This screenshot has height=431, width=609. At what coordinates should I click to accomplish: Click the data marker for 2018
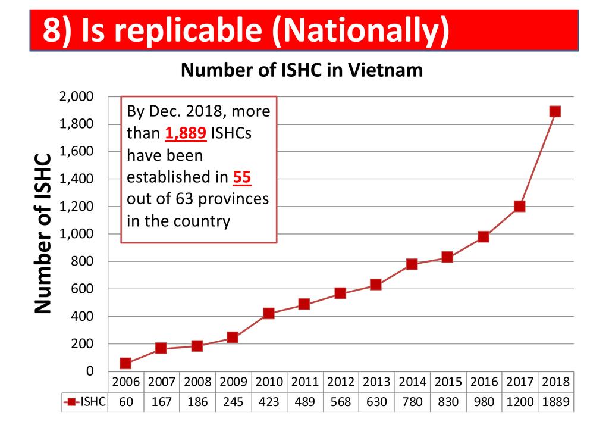click(555, 111)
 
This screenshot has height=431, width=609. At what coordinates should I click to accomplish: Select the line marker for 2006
click(125, 363)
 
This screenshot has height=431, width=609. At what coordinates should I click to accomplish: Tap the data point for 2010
click(268, 313)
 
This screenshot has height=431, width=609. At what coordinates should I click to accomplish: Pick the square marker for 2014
click(412, 264)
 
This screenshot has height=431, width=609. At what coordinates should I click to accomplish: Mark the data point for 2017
click(519, 206)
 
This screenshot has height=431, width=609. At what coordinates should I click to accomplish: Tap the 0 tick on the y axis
click(90, 371)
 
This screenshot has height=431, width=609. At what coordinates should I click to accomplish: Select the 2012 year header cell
click(340, 382)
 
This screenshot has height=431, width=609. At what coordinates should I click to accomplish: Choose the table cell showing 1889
click(555, 402)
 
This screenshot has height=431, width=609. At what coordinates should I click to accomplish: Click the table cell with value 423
click(268, 402)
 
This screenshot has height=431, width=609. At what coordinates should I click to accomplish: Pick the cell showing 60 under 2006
click(125, 402)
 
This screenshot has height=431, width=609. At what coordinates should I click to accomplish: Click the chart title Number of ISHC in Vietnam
click(302, 70)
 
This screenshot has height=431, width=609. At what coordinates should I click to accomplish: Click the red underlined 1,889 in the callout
click(186, 133)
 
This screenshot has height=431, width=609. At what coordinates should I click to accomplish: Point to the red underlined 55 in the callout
click(241, 177)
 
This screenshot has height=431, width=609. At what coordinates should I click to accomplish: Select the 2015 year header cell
click(447, 382)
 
